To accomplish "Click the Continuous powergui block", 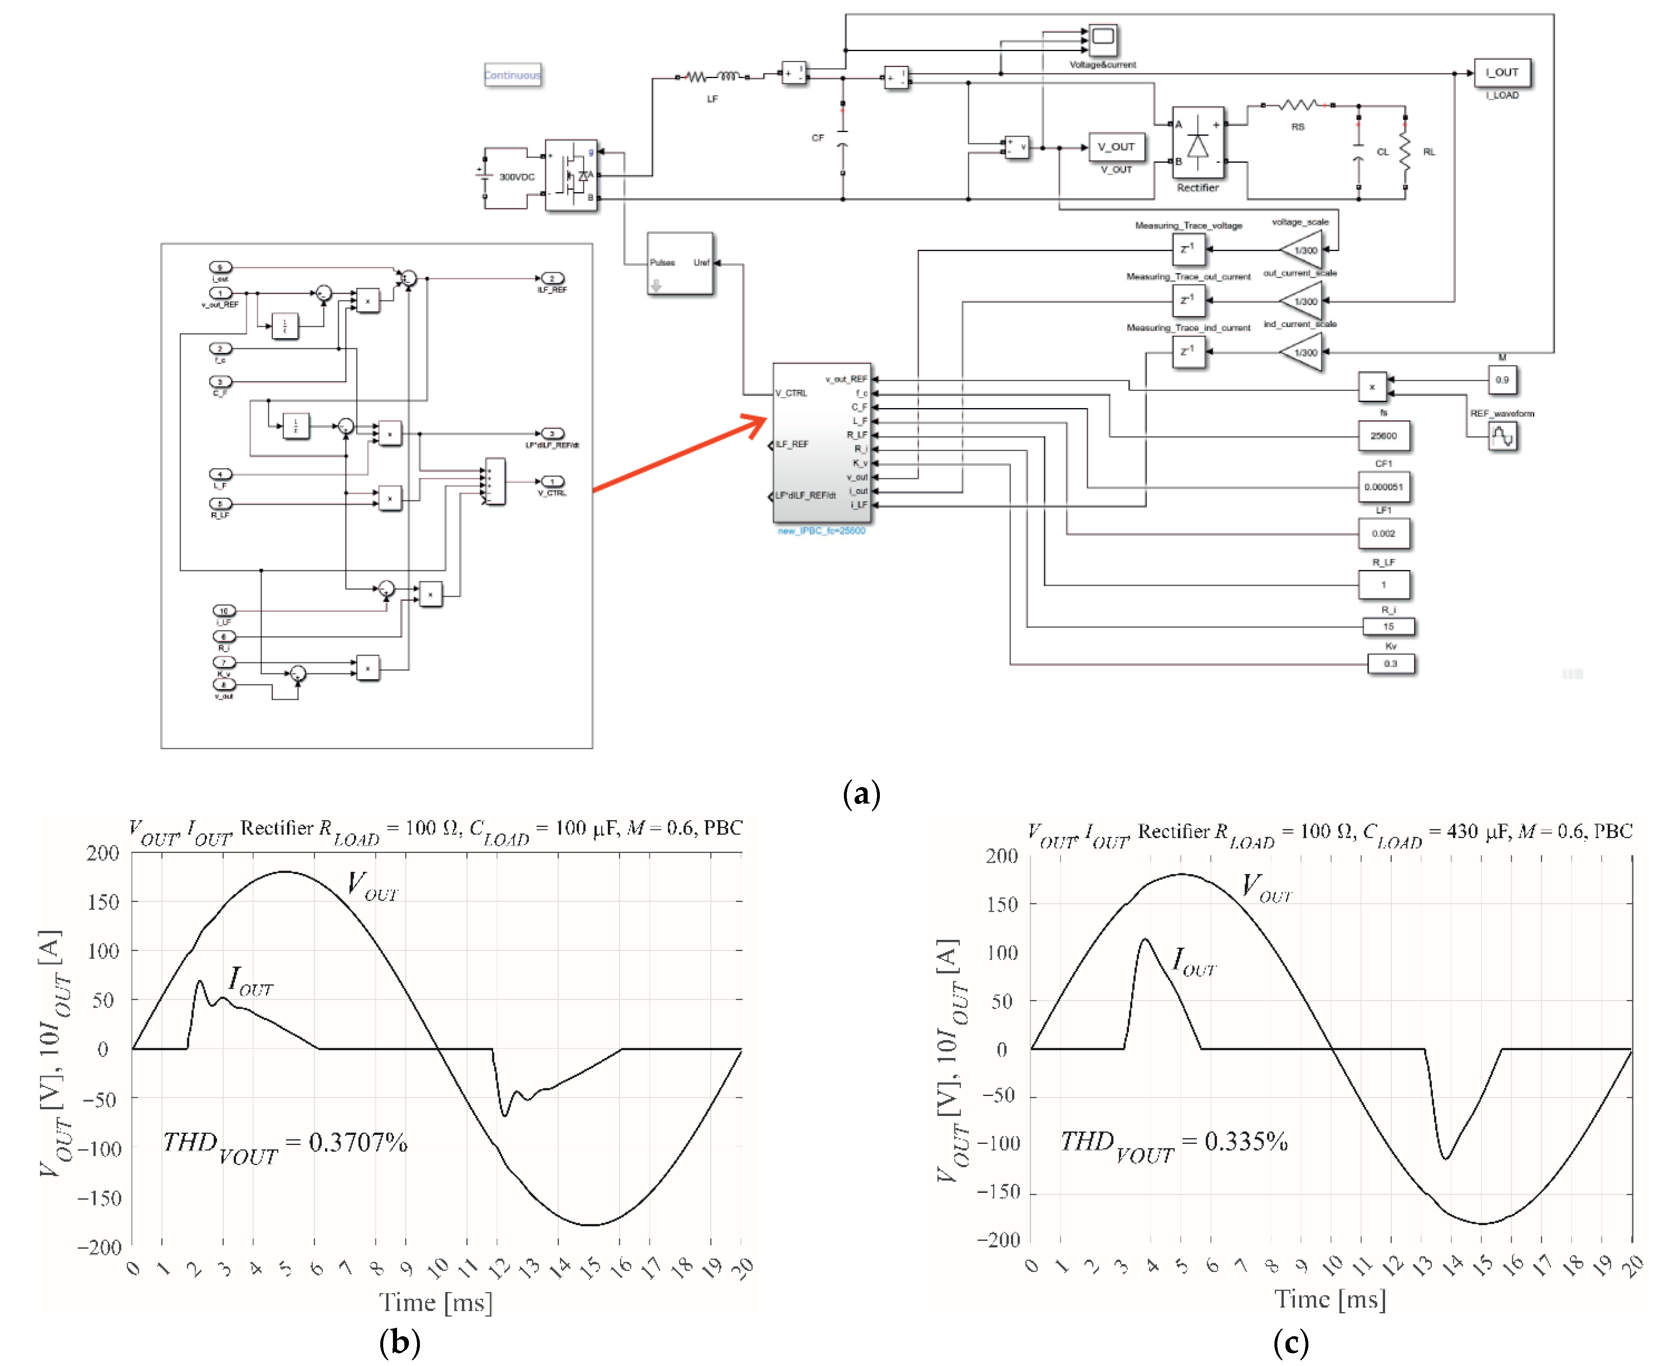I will point(512,75).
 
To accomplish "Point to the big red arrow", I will point(681,455).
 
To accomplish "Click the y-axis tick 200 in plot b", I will point(102,853).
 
